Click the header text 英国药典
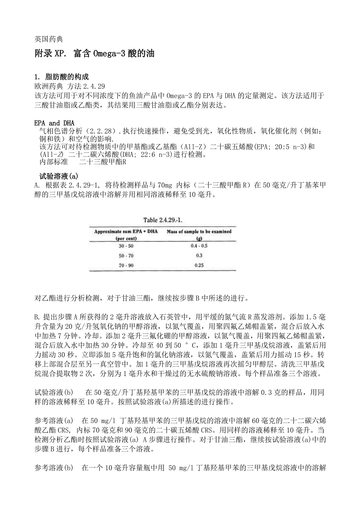49,39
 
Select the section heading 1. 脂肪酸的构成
62,77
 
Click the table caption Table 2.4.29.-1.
162,219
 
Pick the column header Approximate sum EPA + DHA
125,231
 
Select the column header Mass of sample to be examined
199,231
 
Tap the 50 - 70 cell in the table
125,255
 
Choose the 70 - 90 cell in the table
125,265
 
